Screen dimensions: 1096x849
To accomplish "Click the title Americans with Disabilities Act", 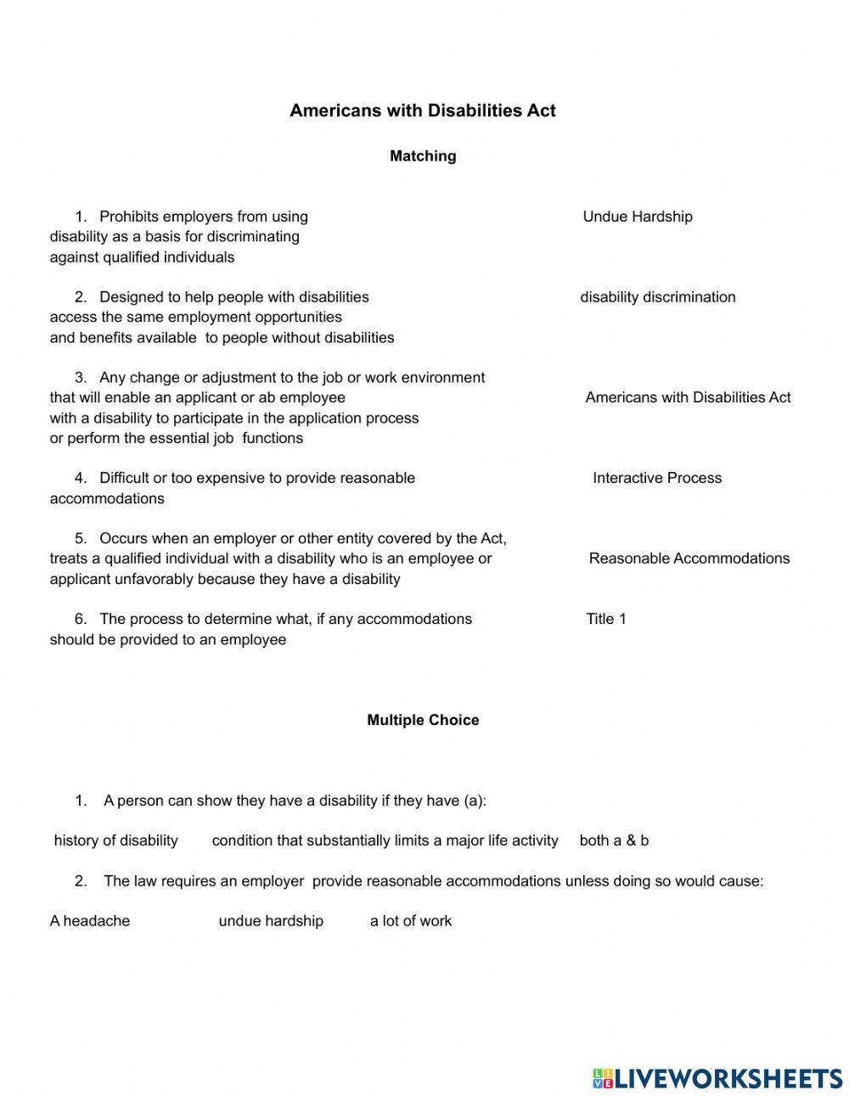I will click(x=422, y=110).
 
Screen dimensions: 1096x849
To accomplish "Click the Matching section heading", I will click(x=423, y=156).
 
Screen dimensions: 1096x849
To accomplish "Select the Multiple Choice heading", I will click(x=423, y=720).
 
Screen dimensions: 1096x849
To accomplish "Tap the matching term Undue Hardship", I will click(x=637, y=216).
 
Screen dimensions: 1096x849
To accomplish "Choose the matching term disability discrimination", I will click(x=657, y=297).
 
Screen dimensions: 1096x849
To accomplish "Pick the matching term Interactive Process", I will click(x=656, y=478).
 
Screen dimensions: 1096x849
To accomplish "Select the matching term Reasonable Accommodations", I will click(x=689, y=559).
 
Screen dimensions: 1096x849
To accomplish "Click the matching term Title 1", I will click(x=605, y=619).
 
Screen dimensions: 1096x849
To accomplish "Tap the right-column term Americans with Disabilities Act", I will click(x=688, y=397).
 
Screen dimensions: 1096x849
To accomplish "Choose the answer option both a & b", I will click(x=614, y=840).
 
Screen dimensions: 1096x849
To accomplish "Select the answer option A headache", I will click(x=90, y=921).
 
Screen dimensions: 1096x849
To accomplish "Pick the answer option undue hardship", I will click(x=271, y=921).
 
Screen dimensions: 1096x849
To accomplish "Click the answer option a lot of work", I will click(x=410, y=921).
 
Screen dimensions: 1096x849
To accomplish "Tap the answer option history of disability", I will click(x=115, y=840).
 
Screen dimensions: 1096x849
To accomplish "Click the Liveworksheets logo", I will click(x=717, y=1078).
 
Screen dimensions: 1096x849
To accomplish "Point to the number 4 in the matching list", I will click(x=80, y=478).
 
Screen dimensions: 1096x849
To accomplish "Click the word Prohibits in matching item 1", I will click(x=128, y=216).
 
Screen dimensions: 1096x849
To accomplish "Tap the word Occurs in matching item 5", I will click(x=123, y=538).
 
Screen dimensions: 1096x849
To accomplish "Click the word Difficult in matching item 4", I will click(x=124, y=478).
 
